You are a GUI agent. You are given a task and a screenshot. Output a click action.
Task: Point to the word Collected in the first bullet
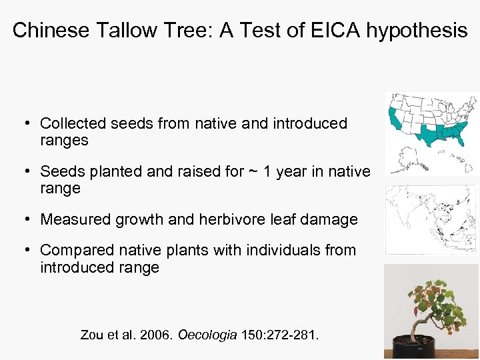73,123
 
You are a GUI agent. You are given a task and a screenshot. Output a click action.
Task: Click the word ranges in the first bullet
64,140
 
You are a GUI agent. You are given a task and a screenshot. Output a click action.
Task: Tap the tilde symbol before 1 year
253,172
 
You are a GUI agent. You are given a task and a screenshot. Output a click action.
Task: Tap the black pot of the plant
413,347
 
